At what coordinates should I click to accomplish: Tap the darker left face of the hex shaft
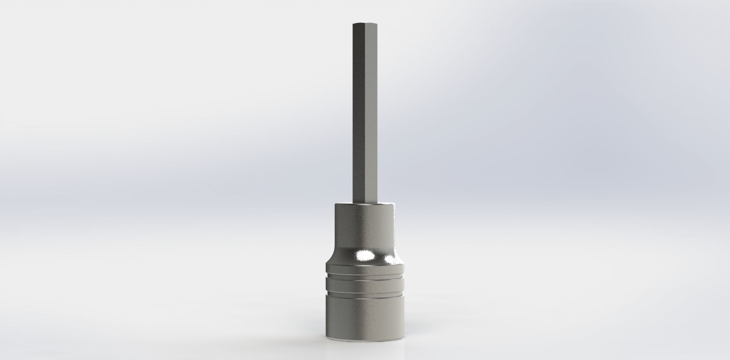(358, 114)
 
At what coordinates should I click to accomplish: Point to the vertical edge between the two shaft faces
(363, 114)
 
